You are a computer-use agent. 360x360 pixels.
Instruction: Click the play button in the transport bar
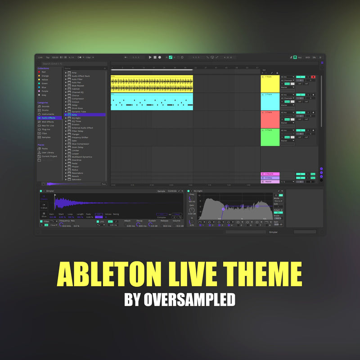pyautogui.click(x=150, y=58)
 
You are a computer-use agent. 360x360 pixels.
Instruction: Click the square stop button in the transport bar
pyautogui.click(x=155, y=58)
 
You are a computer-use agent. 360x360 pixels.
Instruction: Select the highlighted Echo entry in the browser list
pyautogui.click(x=75, y=115)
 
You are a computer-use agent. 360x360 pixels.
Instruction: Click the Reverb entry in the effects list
pyautogui.click(x=75, y=176)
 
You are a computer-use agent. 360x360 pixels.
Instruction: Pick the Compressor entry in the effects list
pyautogui.click(x=78, y=99)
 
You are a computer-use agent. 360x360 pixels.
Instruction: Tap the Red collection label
pyautogui.click(x=44, y=72)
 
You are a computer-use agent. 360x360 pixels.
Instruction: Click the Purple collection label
pyautogui.click(x=45, y=91)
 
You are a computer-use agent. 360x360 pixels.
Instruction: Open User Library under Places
pyautogui.click(x=48, y=152)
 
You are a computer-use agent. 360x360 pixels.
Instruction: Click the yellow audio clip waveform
pyautogui.click(x=152, y=84)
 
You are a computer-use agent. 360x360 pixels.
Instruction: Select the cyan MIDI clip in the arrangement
pyautogui.click(x=152, y=102)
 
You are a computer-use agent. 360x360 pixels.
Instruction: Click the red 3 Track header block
pyautogui.click(x=270, y=119)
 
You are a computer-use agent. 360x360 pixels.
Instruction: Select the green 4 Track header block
pyautogui.click(x=270, y=137)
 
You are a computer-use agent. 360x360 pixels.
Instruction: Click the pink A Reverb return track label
pyautogui.click(x=270, y=174)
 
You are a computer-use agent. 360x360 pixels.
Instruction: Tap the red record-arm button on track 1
pyautogui.click(x=313, y=77)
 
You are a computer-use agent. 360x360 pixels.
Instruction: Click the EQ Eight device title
pyautogui.click(x=197, y=191)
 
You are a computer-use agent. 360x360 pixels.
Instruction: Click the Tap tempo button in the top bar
pyautogui.click(x=48, y=58)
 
